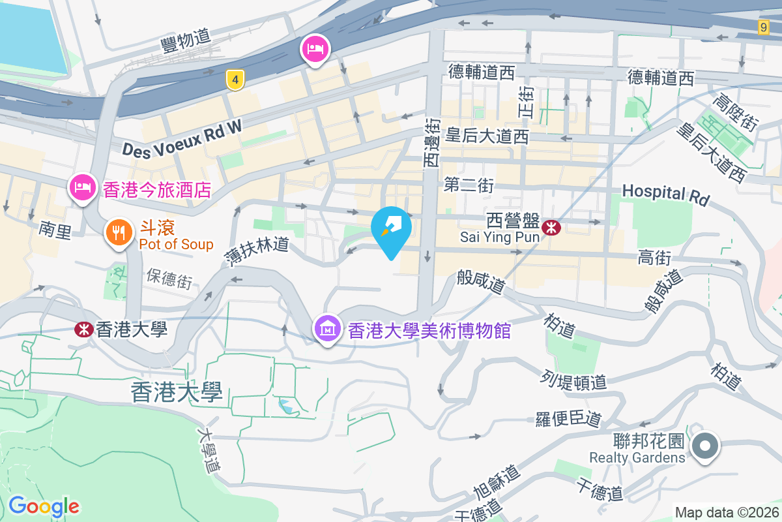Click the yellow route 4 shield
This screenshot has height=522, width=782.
tap(235, 80)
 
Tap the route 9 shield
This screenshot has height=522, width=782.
tap(764, 27)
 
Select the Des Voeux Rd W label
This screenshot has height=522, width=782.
tap(182, 140)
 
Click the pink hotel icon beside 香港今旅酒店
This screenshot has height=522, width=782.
tap(82, 188)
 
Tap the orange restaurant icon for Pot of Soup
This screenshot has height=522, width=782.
tap(119, 232)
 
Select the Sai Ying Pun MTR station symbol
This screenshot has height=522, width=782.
tap(552, 227)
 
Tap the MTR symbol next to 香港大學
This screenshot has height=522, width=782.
tap(83, 329)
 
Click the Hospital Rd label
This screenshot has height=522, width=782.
tap(665, 193)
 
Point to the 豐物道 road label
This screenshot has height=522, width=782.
tap(186, 42)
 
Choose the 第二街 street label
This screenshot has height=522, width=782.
tap(469, 185)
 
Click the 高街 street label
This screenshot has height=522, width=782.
tap(654, 258)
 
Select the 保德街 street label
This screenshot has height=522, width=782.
tap(169, 279)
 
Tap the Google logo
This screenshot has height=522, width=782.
tap(44, 506)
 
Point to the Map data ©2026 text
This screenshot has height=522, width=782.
tap(726, 513)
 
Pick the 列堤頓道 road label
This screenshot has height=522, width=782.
tap(573, 380)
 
